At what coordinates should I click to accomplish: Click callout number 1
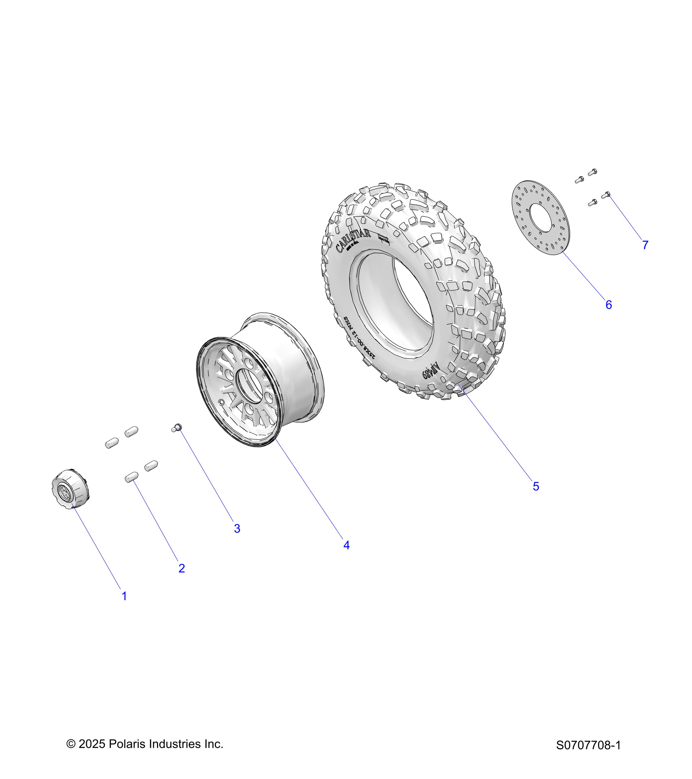(124, 596)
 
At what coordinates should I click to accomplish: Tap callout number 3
(237, 528)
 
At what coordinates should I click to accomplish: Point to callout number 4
(346, 545)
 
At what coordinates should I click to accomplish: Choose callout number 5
(536, 486)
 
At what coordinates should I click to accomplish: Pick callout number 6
(609, 305)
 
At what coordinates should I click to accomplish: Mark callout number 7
(645, 245)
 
